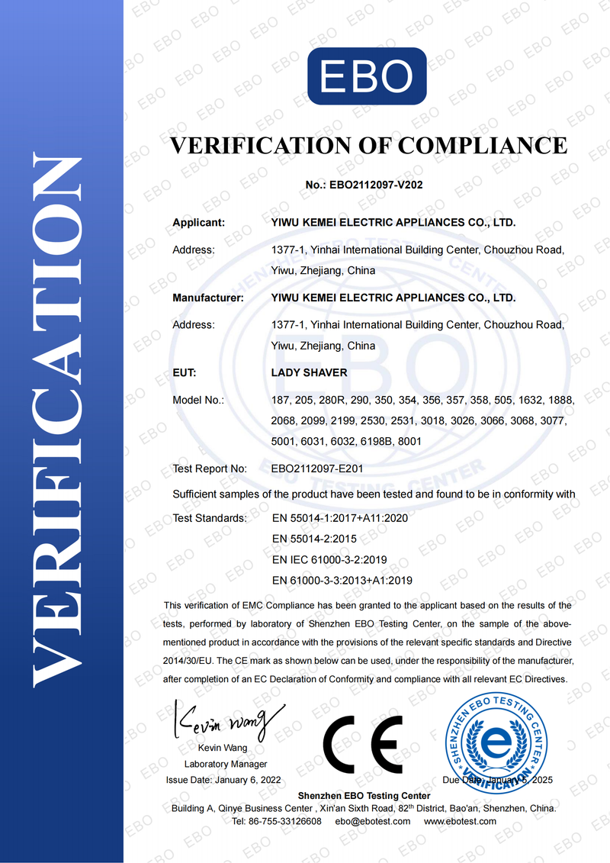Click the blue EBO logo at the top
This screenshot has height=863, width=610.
(x=366, y=76)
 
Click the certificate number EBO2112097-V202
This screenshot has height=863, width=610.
(x=374, y=185)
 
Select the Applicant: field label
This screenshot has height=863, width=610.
(x=199, y=223)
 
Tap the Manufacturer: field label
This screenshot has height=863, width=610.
(x=208, y=298)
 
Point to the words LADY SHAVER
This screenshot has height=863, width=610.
(x=309, y=373)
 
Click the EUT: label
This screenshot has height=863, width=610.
(x=185, y=373)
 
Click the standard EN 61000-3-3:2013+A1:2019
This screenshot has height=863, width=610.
(x=342, y=580)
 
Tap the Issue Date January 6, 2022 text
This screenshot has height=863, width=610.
(x=223, y=780)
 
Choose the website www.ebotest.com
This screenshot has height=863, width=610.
(x=460, y=821)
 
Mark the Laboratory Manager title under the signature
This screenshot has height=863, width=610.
(x=226, y=764)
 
